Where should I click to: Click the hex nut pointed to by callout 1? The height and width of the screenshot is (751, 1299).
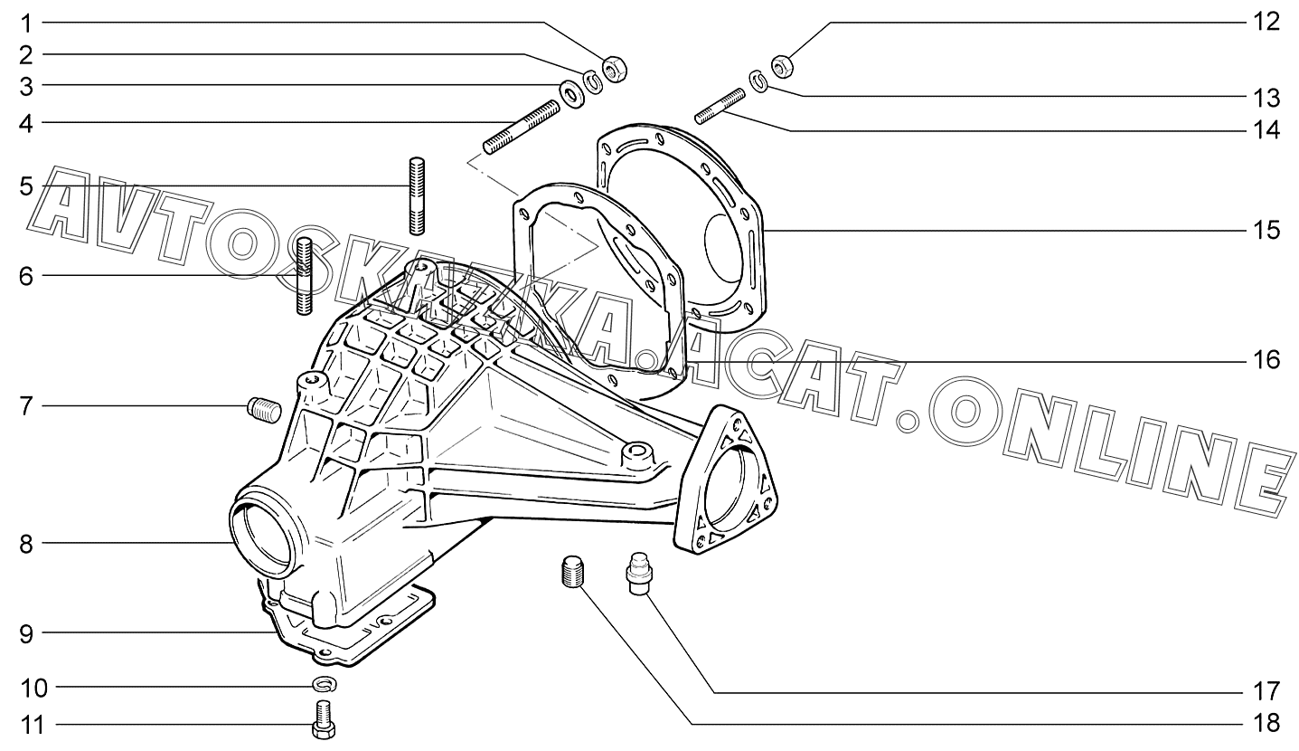(x=616, y=68)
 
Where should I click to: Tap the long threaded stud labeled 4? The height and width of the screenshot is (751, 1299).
(x=522, y=128)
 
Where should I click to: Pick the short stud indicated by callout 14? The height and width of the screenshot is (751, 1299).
(x=720, y=104)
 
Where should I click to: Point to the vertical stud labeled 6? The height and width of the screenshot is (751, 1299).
(x=305, y=275)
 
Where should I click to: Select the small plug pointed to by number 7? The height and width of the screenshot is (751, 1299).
(x=264, y=410)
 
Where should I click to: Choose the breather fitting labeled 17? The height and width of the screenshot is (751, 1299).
(x=637, y=575)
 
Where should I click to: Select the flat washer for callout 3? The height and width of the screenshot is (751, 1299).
(x=571, y=92)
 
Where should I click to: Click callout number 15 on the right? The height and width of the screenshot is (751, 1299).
(x=1266, y=230)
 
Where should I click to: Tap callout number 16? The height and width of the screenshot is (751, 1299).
(x=1266, y=361)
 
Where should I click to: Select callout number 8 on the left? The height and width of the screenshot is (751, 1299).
(x=26, y=544)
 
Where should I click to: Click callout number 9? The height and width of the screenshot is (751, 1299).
(x=26, y=633)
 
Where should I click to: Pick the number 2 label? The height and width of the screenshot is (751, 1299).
(x=26, y=54)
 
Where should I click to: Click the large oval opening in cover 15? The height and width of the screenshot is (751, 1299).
(x=730, y=243)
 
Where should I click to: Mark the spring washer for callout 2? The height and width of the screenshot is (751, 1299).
(x=594, y=81)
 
